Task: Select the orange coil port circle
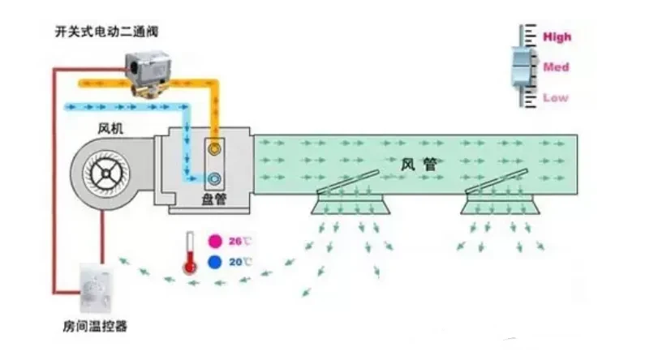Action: click(215, 150)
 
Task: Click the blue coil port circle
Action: click(215, 178)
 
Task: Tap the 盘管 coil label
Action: click(214, 199)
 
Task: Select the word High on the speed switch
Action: click(557, 36)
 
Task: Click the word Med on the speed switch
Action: click(556, 67)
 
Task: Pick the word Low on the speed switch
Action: click(556, 97)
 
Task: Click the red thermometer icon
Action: click(190, 252)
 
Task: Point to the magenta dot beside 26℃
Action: click(215, 241)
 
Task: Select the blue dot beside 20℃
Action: click(215, 262)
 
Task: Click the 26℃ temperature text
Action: click(241, 241)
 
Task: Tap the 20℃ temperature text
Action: click(241, 262)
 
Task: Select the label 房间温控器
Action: click(95, 327)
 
